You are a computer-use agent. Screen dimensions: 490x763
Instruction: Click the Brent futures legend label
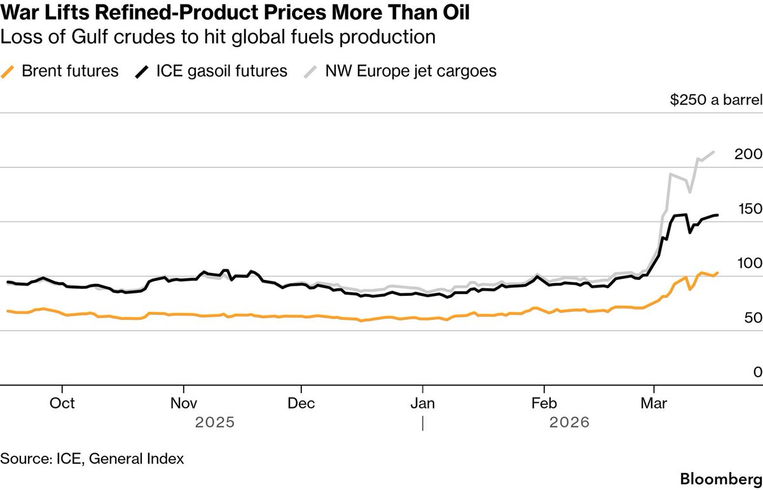[70, 71]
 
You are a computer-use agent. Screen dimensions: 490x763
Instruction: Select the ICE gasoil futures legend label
[221, 71]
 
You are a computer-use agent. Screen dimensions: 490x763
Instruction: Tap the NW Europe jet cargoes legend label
[411, 71]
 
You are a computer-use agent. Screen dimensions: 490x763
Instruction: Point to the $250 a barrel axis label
[716, 101]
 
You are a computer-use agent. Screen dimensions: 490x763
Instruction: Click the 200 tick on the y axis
[748, 154]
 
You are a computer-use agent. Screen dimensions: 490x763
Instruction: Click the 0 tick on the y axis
[757, 372]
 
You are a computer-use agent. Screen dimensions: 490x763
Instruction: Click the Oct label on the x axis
[62, 403]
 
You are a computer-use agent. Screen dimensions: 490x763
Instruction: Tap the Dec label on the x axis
[301, 403]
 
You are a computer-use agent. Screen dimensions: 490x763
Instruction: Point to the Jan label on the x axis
[422, 403]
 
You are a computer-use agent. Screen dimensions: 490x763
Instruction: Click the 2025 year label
[215, 422]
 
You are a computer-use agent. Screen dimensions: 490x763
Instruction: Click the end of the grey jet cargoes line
[715, 151]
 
